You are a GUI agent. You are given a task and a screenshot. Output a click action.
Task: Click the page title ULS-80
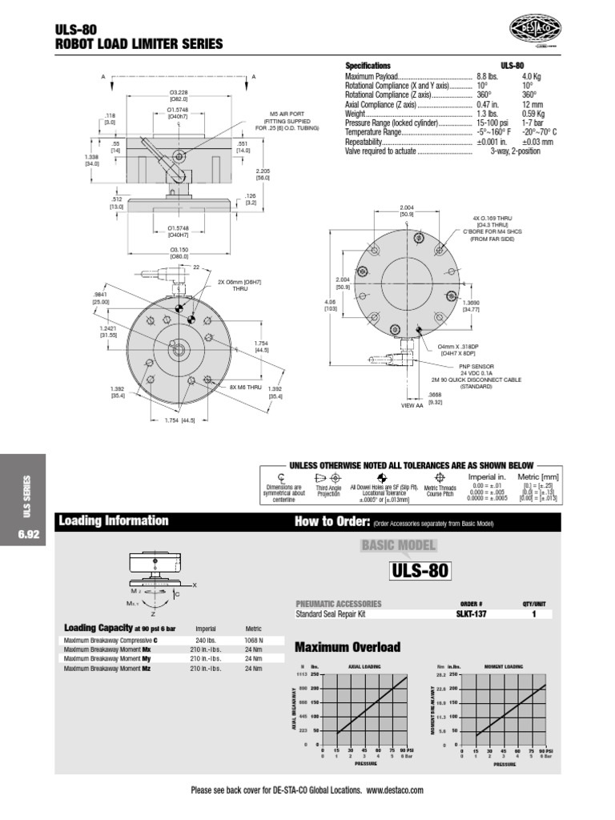tap(75, 29)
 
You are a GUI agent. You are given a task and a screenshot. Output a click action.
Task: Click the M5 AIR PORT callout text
tap(287, 114)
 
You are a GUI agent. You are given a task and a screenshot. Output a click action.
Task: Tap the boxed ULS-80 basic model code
tap(420, 571)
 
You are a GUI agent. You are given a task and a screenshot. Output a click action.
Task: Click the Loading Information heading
tap(113, 521)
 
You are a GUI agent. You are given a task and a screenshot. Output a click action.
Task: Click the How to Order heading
tap(332, 522)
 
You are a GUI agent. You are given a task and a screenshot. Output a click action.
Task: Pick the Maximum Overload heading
tap(347, 647)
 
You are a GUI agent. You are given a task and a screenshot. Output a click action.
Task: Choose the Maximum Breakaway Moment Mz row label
tap(107, 668)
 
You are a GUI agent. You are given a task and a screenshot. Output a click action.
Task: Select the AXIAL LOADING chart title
tap(364, 665)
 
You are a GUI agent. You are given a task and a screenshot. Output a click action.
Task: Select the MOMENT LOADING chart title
tap(503, 665)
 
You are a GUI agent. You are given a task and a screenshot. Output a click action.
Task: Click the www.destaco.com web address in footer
tap(395, 790)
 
